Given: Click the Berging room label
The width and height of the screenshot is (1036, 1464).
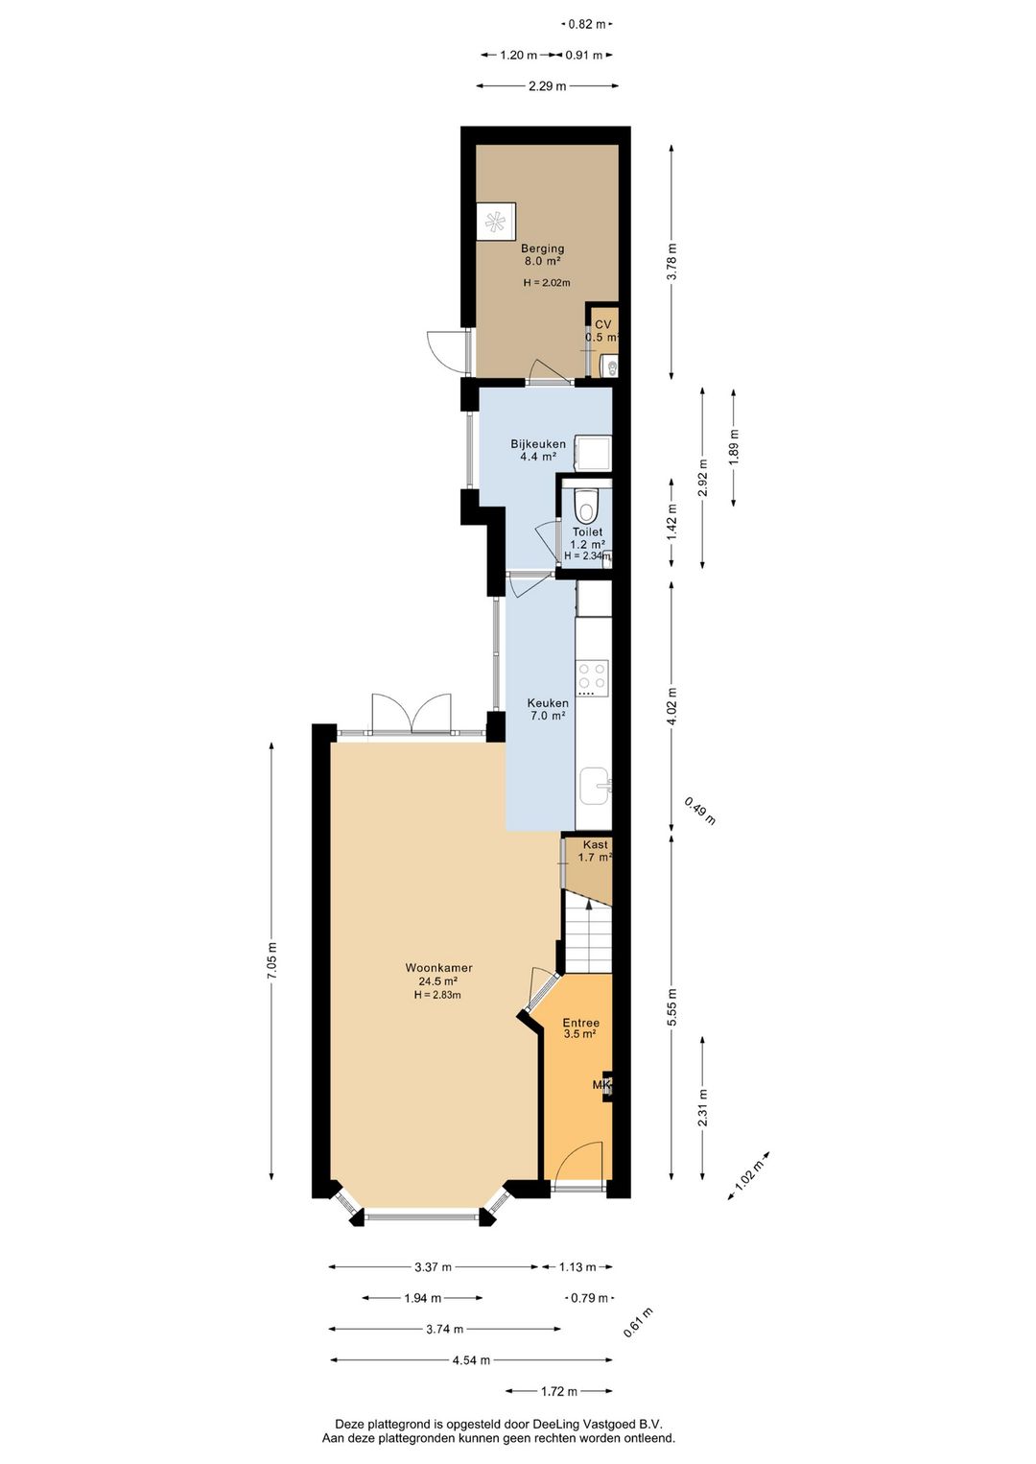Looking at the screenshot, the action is tap(543, 248).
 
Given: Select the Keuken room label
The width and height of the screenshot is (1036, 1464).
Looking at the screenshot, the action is tap(548, 703).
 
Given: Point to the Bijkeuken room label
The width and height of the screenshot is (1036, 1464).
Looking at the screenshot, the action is tap(538, 444).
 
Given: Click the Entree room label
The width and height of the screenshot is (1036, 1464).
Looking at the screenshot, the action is tap(581, 1023).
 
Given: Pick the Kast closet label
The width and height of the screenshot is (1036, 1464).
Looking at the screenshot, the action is tap(596, 844).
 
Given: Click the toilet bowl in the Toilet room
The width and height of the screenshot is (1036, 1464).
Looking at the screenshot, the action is tap(587, 505).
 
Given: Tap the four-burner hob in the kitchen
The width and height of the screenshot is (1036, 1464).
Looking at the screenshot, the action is tap(592, 677).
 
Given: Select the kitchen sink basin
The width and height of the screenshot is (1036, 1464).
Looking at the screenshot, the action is tap(595, 787).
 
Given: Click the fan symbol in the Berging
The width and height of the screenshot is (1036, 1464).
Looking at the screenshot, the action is tap(496, 223).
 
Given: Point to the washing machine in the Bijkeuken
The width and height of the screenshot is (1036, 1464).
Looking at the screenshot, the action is tap(592, 454).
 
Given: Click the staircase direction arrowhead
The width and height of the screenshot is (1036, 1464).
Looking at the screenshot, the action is tap(589, 904).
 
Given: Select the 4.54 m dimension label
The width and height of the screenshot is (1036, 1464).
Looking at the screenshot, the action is tap(471, 1360).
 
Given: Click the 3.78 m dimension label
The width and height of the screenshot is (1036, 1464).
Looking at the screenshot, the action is tap(671, 261).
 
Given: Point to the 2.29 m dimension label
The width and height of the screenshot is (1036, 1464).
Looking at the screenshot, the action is tap(547, 86).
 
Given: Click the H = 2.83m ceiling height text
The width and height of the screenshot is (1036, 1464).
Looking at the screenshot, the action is tap(437, 995).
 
